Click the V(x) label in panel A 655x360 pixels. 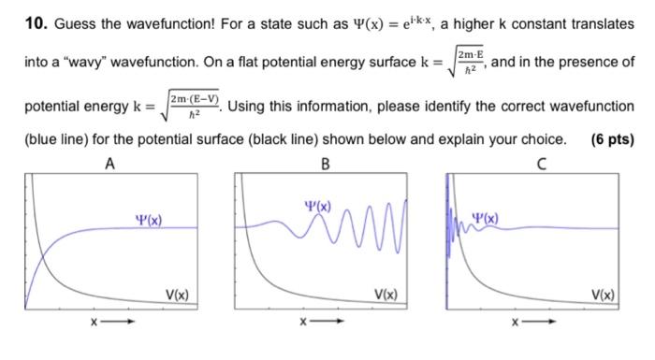pos(178,295)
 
